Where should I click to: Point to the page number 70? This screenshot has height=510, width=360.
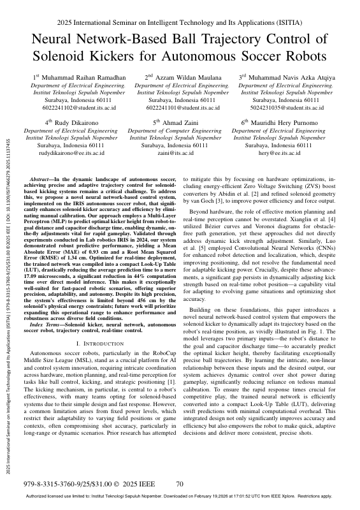click(180, 484)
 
